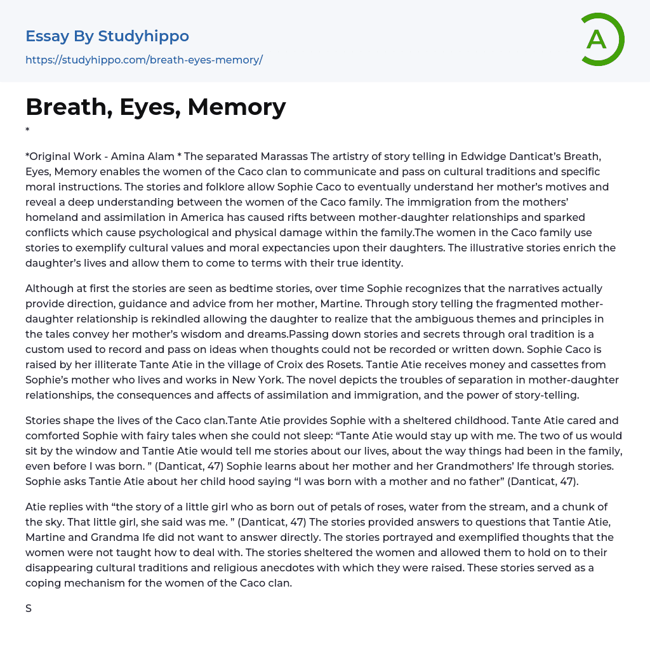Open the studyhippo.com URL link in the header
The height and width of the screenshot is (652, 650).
point(144,60)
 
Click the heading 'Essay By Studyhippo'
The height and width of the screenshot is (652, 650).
point(107,36)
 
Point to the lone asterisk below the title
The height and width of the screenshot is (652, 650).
point(27,131)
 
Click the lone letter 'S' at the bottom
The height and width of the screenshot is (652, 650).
point(29,608)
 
